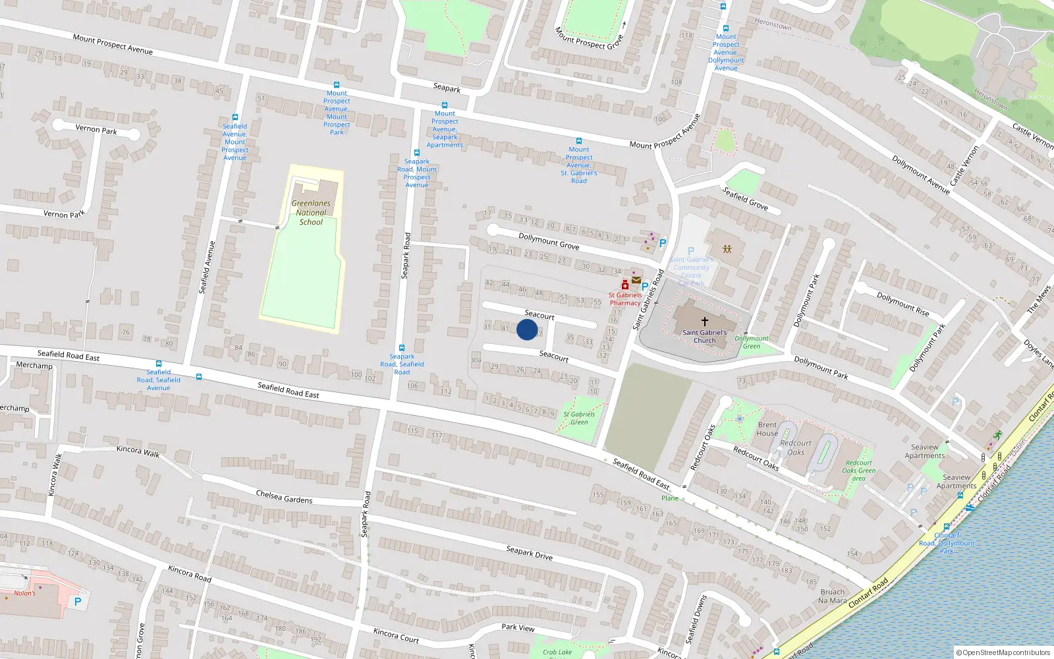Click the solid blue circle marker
[527, 329]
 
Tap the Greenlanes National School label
[311, 213]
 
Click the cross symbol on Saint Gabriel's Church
[704, 322]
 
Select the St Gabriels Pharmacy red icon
[624, 285]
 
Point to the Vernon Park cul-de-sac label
[96, 130]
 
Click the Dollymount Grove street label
[549, 241]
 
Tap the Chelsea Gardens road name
[284, 497]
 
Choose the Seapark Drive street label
[529, 553]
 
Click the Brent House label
[767, 429]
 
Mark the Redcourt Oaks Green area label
[858, 471]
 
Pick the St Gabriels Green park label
[579, 418]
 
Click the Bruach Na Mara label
[832, 596]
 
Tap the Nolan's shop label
[25, 593]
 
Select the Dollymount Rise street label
[902, 304]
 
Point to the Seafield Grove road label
[745, 198]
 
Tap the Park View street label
[518, 627]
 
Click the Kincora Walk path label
[138, 451]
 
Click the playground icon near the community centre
[727, 249]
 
